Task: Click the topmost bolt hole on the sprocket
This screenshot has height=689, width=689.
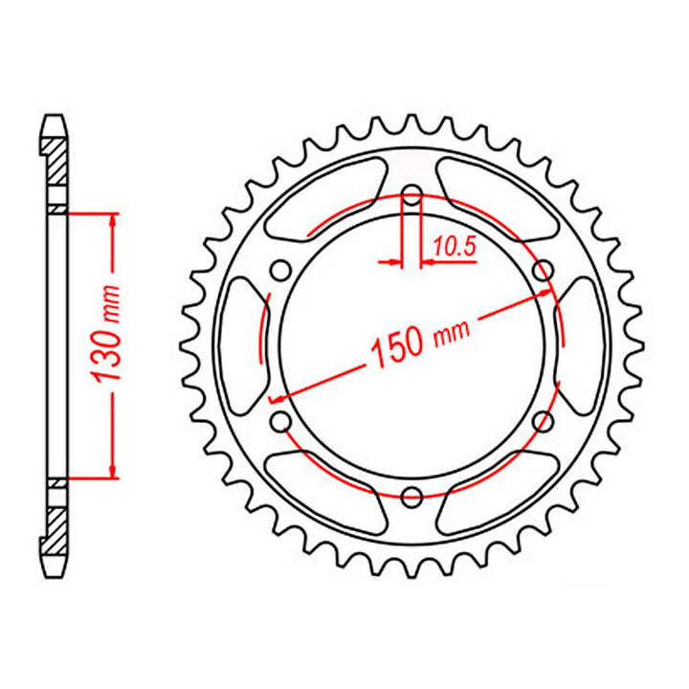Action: click(x=411, y=200)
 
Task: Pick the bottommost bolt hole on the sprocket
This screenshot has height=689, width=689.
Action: click(x=412, y=496)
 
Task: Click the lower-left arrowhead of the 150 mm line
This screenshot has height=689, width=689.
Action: click(x=276, y=397)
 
